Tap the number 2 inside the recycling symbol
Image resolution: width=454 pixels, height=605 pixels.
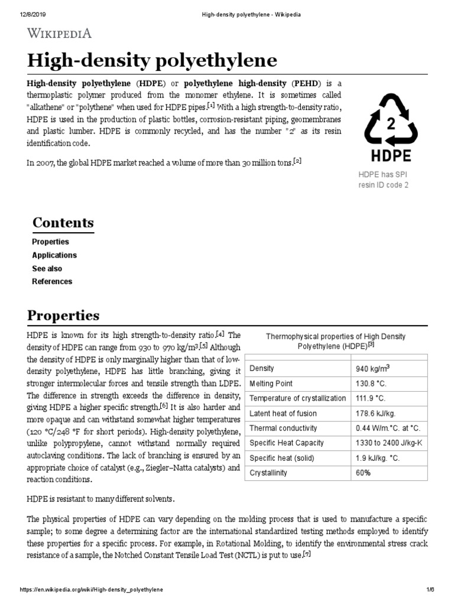390,125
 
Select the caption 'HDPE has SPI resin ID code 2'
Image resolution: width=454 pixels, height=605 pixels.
383,180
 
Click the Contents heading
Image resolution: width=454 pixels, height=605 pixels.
63,223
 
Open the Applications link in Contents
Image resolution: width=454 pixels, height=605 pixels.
54,255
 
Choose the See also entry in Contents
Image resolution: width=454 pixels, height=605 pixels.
47,268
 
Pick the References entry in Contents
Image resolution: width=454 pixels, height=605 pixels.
52,281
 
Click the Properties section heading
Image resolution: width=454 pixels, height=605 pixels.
63,315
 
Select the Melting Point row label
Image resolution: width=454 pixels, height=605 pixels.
271,383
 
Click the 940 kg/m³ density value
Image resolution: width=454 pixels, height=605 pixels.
372,368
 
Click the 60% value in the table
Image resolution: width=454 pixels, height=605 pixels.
363,473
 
